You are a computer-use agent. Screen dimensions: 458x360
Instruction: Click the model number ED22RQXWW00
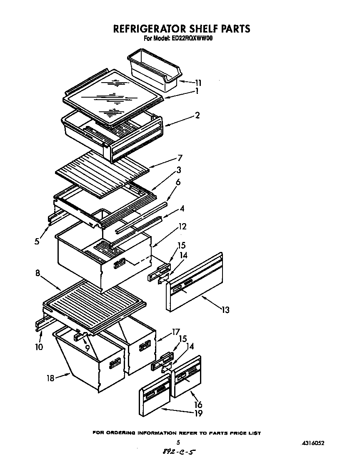pyautogui.click(x=192, y=38)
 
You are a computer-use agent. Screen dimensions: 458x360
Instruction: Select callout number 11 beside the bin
pyautogui.click(x=198, y=83)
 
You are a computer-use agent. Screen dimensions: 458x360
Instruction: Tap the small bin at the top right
pyautogui.click(x=155, y=69)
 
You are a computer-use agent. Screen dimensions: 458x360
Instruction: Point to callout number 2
pyautogui.click(x=197, y=116)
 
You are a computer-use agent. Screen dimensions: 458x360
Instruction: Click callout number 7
pyautogui.click(x=180, y=158)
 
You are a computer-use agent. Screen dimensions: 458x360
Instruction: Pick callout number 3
pyautogui.click(x=178, y=170)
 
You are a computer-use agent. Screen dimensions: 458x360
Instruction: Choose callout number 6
pyautogui.click(x=178, y=182)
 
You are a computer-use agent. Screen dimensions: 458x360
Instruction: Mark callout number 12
pyautogui.click(x=182, y=227)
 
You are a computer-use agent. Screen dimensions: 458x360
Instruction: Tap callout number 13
pyautogui.click(x=225, y=310)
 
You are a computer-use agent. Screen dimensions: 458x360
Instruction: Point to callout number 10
pyautogui.click(x=39, y=347)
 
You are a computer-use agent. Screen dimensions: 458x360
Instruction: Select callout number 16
pyautogui.click(x=198, y=404)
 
